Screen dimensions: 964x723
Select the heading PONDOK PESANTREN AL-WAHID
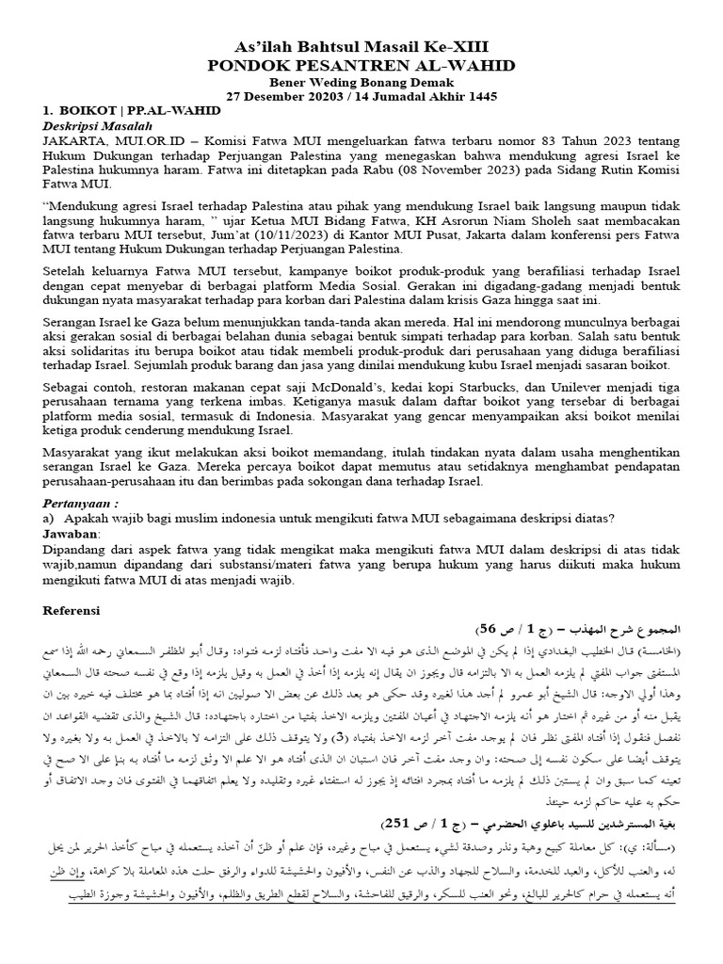361,65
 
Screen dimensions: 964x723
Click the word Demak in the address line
432,82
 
